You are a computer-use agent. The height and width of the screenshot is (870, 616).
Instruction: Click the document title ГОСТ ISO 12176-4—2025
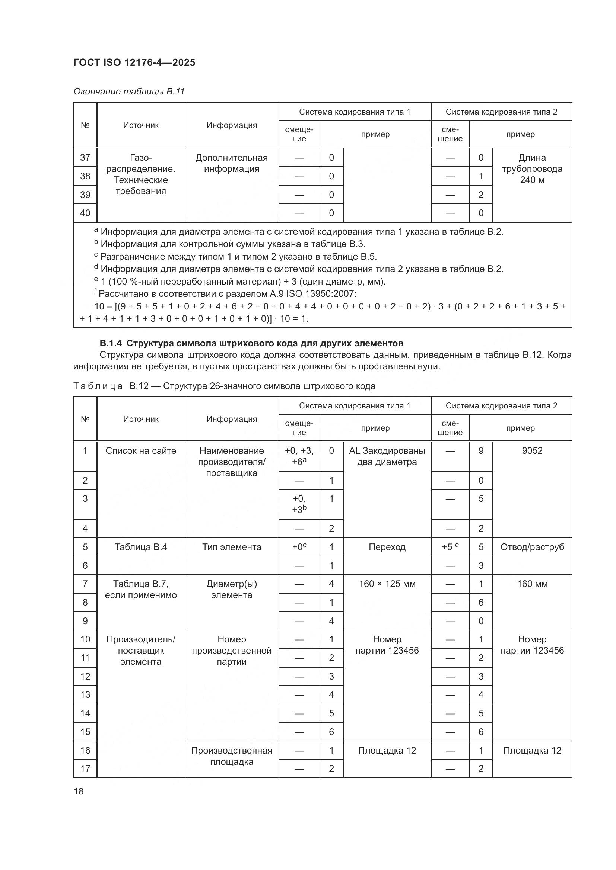(134, 62)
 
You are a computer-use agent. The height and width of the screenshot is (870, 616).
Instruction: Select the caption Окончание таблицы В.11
(129, 92)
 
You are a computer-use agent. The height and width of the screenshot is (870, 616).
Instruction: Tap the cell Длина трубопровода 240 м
(532, 168)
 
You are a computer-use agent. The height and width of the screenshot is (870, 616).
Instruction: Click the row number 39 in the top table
(85, 195)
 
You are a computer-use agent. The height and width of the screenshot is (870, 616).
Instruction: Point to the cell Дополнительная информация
(231, 163)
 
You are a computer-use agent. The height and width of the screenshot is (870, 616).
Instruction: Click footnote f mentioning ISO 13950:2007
(228, 294)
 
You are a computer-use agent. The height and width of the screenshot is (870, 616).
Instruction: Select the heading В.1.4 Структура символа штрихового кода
(251, 343)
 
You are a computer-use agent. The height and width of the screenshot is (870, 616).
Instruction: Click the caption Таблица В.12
(224, 386)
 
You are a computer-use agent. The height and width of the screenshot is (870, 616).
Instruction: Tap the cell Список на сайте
(141, 450)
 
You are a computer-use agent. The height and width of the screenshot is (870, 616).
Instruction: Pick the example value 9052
(532, 450)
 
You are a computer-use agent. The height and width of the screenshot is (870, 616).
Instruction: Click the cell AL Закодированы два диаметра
(387, 456)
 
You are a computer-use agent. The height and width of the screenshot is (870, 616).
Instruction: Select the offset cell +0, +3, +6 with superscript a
(299, 456)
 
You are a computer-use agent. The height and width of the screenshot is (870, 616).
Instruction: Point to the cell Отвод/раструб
(532, 547)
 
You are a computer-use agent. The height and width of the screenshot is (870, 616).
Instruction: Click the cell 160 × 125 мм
(387, 584)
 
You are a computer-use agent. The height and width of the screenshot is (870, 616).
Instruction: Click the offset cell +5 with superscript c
(450, 547)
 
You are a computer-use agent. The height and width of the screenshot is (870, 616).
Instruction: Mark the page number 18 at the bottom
(79, 791)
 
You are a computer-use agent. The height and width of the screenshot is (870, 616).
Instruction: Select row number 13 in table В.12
(85, 694)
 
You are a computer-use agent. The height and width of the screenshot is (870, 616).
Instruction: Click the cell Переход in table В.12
(387, 547)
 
